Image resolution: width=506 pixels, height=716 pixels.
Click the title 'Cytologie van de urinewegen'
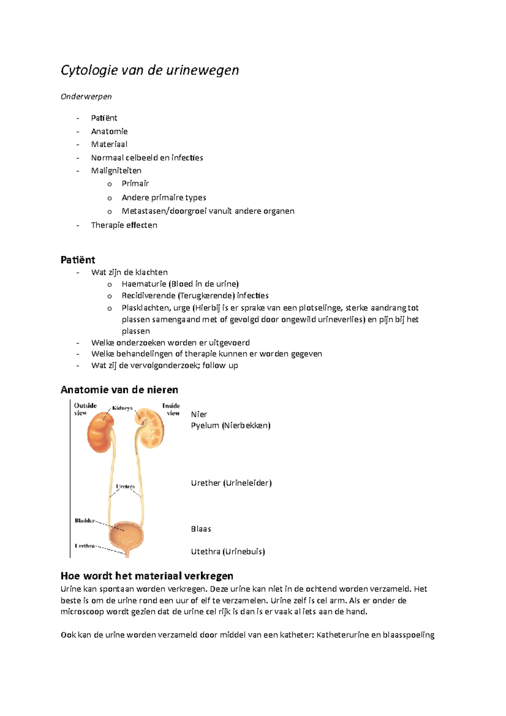tap(150, 70)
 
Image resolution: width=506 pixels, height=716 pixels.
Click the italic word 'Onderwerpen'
tap(86, 97)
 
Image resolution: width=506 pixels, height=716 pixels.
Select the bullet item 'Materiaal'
tap(109, 144)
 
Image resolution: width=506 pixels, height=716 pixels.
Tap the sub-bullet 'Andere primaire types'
tap(164, 197)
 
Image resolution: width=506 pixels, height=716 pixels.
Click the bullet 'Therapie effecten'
tap(124, 225)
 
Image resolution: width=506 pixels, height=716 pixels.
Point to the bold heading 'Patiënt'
tap(78, 260)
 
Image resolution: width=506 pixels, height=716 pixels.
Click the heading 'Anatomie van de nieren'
tap(119, 390)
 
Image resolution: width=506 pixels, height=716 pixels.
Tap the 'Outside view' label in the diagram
tap(85, 409)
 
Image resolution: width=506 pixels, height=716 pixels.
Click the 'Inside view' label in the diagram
tap(171, 409)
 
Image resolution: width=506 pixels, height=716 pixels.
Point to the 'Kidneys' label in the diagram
tap(122, 408)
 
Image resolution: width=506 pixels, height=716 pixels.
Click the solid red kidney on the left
tap(100, 433)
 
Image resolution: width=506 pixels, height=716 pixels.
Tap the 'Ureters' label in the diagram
tap(125, 487)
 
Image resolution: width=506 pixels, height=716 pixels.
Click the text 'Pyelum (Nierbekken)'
tap(230, 425)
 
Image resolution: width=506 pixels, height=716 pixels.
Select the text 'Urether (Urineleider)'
tap(231, 483)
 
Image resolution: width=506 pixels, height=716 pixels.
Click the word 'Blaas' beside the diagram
tap(201, 529)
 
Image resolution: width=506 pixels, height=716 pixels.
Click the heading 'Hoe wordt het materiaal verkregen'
tap(147, 576)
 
